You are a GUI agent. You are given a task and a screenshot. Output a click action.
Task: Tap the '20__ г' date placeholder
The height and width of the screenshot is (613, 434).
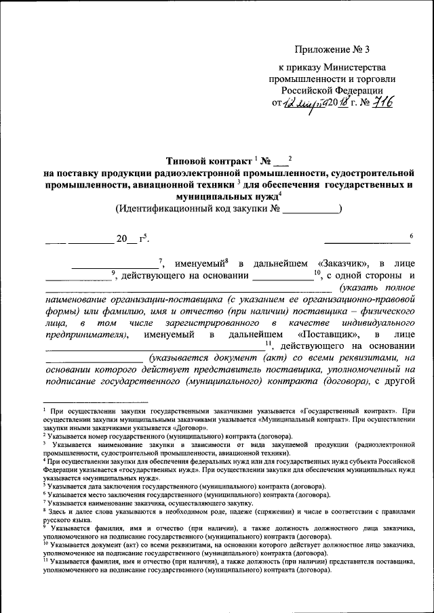(129, 239)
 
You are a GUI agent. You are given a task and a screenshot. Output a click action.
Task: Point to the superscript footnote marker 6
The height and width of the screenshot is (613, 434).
(411, 235)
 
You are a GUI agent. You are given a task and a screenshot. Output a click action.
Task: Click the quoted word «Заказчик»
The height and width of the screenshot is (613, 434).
(342, 263)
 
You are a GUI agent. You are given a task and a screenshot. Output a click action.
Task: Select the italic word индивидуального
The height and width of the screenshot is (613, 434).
(377, 323)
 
